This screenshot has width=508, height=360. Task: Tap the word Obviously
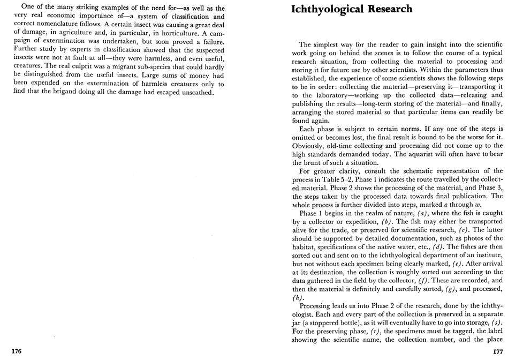(x=311, y=147)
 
